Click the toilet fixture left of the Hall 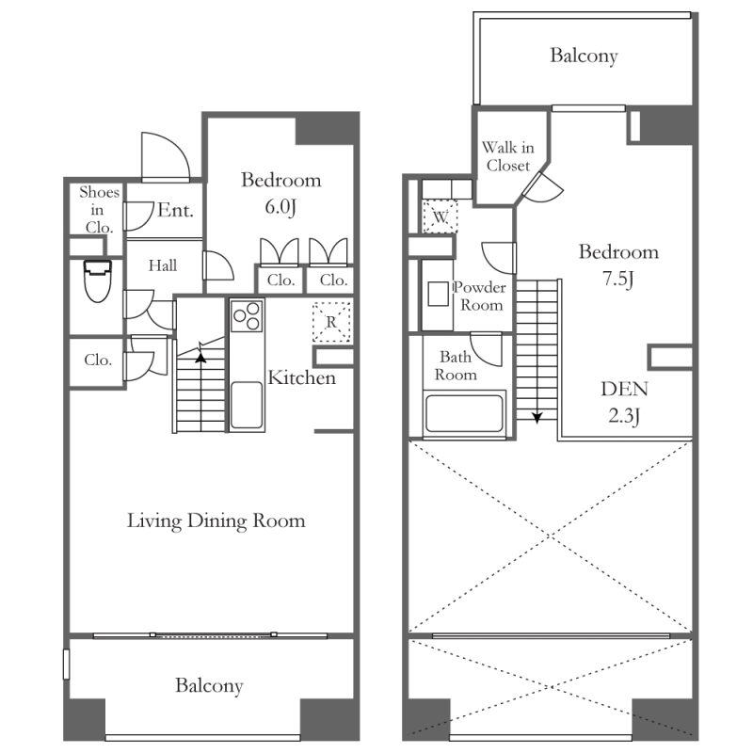tap(98, 280)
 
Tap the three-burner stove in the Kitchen tap(247, 315)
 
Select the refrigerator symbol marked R tap(331, 322)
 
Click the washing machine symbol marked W tap(440, 216)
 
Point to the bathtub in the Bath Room tap(464, 413)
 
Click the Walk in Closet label tap(508, 156)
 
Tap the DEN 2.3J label tap(624, 402)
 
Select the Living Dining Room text tap(216, 521)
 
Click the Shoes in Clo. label tap(99, 209)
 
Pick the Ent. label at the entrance tap(175, 210)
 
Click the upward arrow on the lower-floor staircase tap(200, 358)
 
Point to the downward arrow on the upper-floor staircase tap(537, 416)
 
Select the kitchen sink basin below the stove tap(247, 405)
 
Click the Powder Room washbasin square tap(438, 294)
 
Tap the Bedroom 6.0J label tap(280, 193)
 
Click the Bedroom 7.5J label tap(618, 265)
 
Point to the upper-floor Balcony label tap(584, 56)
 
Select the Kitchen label tap(301, 378)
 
